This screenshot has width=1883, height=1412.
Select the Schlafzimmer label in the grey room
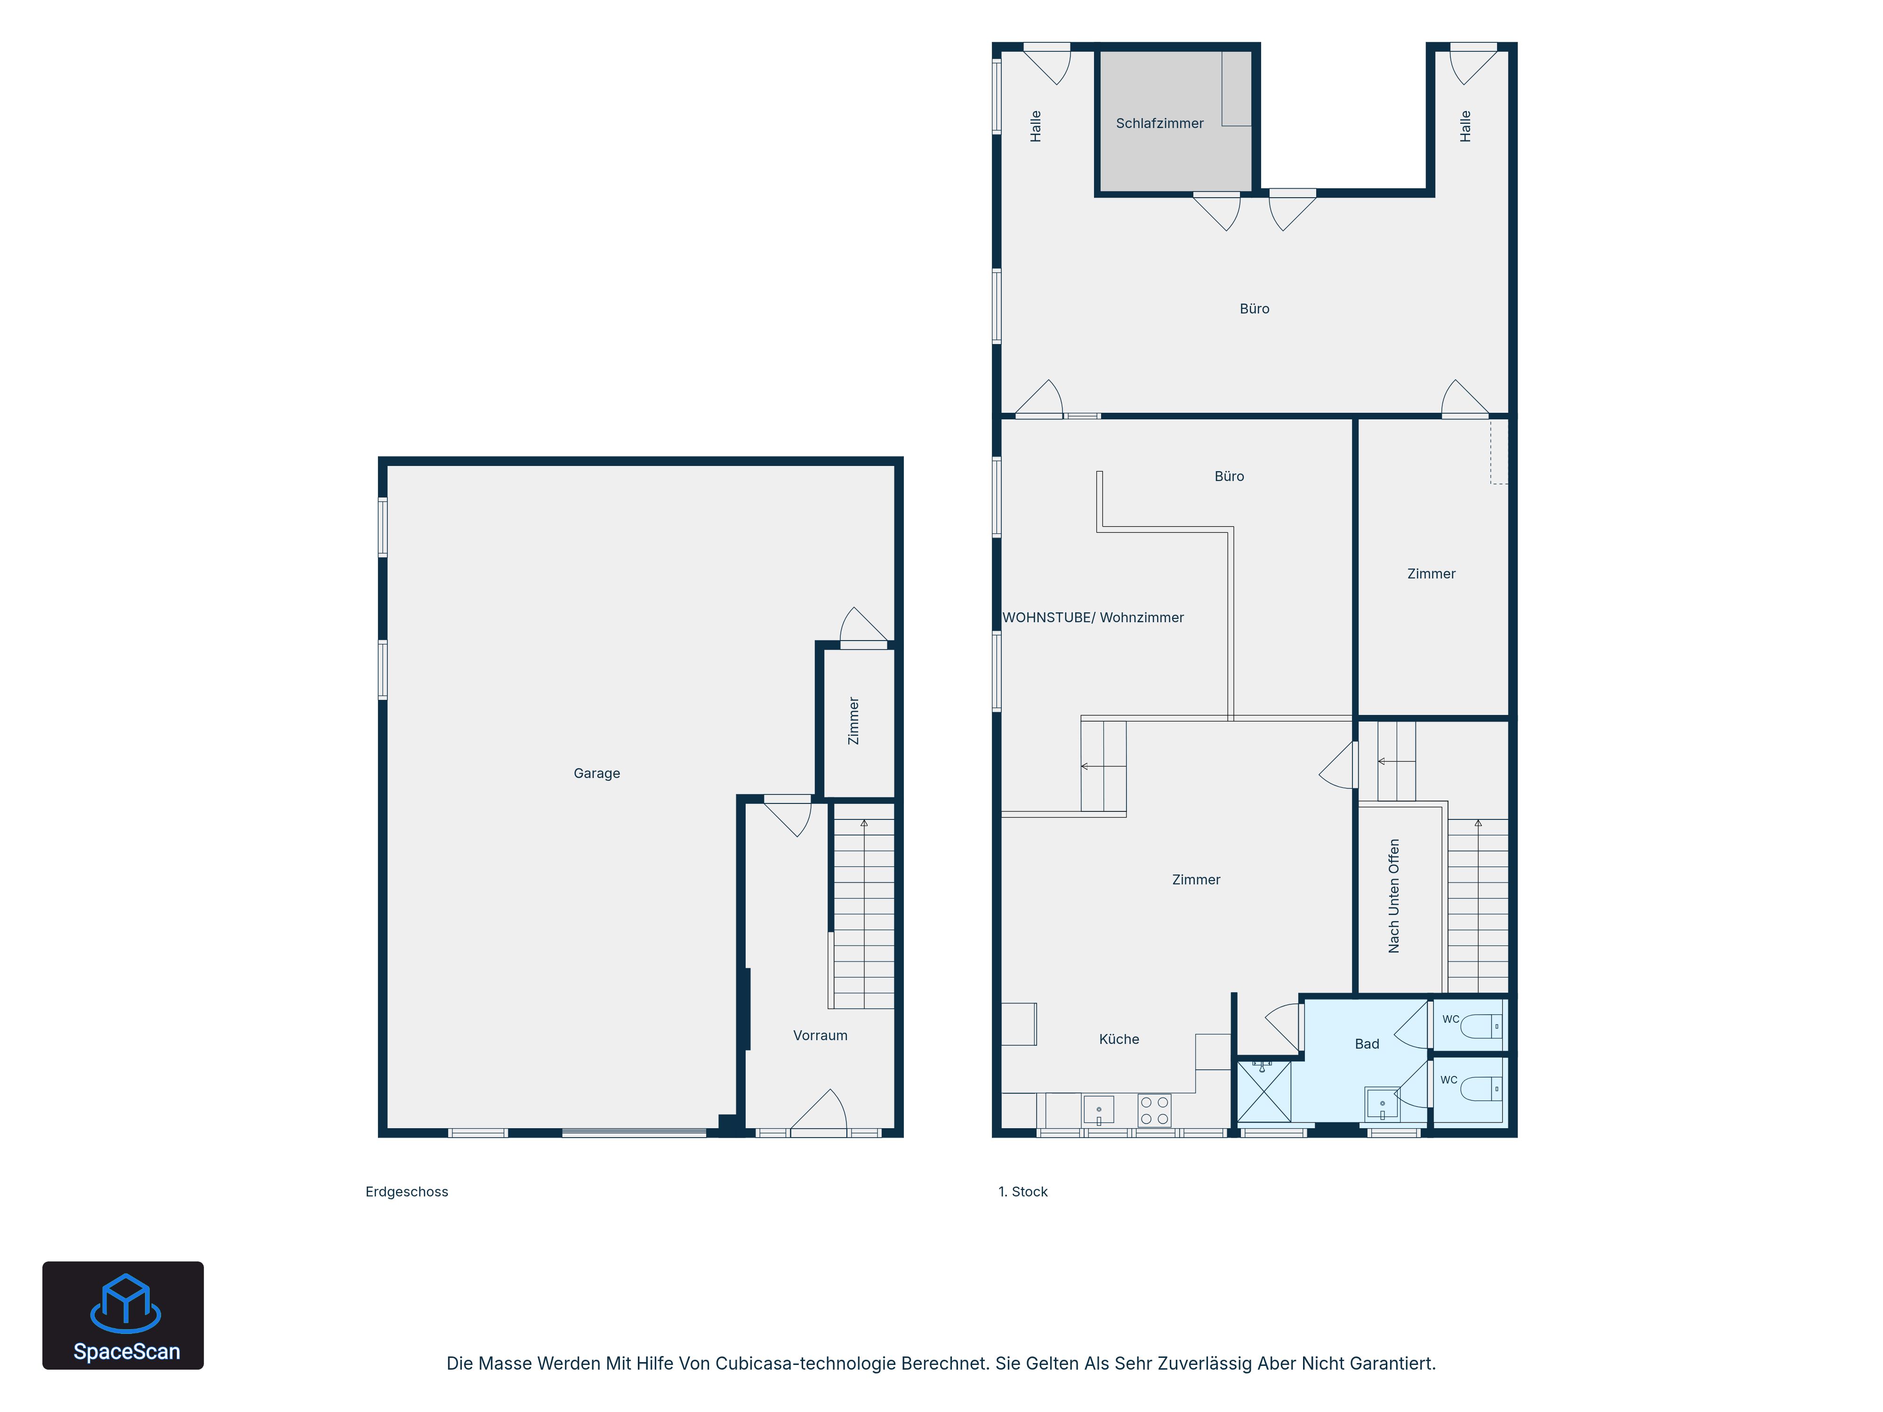[x=1159, y=123]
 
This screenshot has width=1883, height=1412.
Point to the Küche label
[x=1119, y=1039]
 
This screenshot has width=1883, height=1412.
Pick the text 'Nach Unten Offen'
[x=1393, y=896]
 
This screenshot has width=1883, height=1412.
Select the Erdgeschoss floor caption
[x=407, y=1192]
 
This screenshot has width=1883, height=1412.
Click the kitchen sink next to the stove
[x=1098, y=1110]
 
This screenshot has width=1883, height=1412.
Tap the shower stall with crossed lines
[x=1264, y=1091]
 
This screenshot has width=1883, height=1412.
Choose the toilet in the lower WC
[x=1481, y=1089]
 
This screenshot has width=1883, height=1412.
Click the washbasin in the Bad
[x=1382, y=1105]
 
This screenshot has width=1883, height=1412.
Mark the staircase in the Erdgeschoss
[x=863, y=913]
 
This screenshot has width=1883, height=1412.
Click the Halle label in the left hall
[x=1035, y=126]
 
